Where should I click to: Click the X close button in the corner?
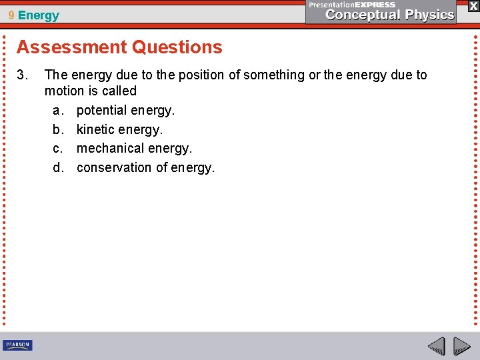pyautogui.click(x=473, y=6)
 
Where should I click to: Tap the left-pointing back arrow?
pyautogui.click(x=437, y=346)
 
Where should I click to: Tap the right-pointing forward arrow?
pyautogui.click(x=462, y=346)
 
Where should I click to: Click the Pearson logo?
pyautogui.click(x=17, y=345)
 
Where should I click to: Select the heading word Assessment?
pyautogui.click(x=71, y=47)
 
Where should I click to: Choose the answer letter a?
pyautogui.click(x=58, y=110)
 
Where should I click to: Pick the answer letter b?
pyautogui.click(x=58, y=129)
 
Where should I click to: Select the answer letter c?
pyautogui.click(x=58, y=148)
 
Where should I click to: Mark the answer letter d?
pyautogui.click(x=58, y=167)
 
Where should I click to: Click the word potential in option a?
pyautogui.click(x=101, y=110)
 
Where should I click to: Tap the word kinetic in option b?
pyautogui.click(x=95, y=129)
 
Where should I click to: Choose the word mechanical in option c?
pyautogui.click(x=110, y=148)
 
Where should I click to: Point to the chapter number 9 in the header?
pyautogui.click(x=11, y=15)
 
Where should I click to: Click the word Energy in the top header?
pyautogui.click(x=39, y=15)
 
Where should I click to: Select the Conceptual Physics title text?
pyautogui.click(x=390, y=15)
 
